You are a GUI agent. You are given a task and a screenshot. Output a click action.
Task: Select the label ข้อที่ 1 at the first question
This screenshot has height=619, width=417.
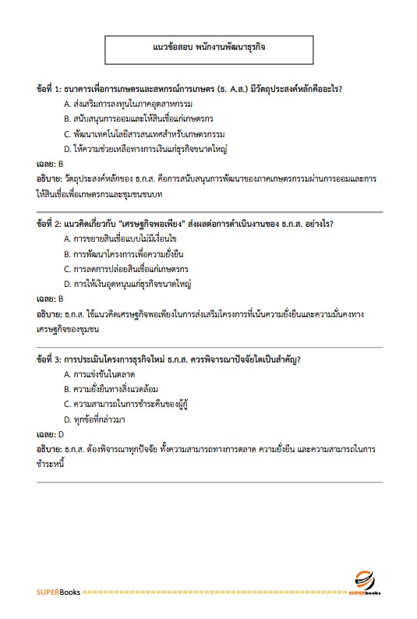tap(50, 88)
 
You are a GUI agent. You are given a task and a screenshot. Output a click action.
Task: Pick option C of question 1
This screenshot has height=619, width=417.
tap(137, 133)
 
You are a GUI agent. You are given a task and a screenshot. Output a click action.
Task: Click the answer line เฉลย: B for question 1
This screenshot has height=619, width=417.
tap(50, 164)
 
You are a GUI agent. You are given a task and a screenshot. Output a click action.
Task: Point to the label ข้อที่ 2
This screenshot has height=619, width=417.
tap(50, 224)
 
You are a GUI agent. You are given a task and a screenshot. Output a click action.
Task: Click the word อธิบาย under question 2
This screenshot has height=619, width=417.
tap(50, 314)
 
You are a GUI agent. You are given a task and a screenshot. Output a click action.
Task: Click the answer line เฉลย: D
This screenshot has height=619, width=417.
tap(50, 434)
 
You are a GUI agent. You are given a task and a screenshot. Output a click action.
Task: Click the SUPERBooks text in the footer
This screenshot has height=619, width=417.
tap(58, 593)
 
